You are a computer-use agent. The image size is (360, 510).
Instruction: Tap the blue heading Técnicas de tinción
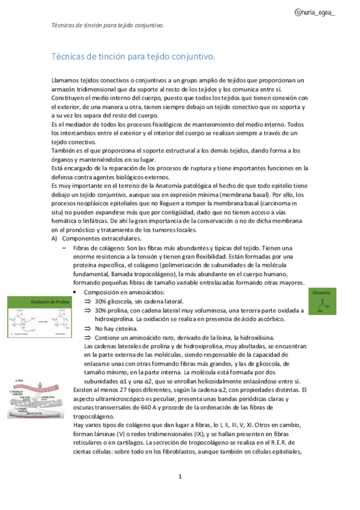[133, 57]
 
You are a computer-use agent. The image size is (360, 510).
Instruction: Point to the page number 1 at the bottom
[180, 477]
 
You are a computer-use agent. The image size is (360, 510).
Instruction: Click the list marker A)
[55, 239]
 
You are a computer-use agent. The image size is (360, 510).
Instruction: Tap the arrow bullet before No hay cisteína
[87, 328]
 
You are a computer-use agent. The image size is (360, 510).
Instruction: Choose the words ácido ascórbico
[251, 319]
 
